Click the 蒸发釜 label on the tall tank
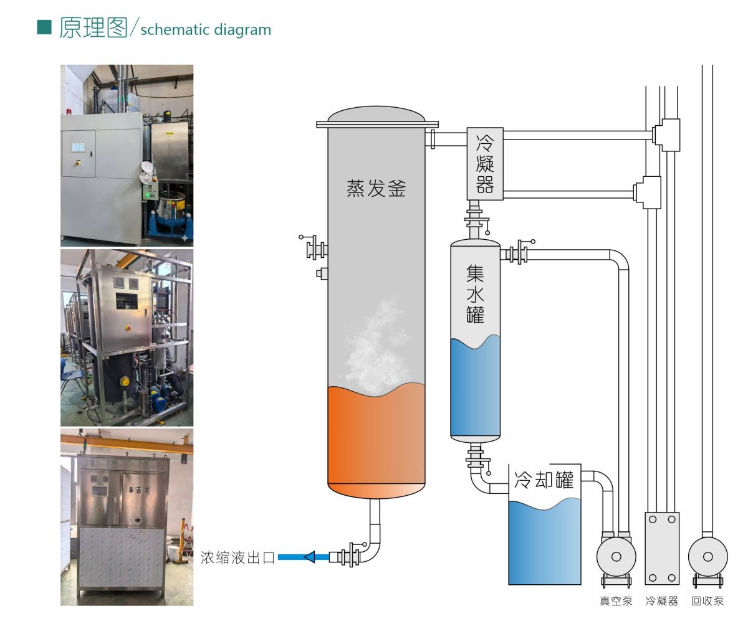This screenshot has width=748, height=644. pyautogui.click(x=376, y=188)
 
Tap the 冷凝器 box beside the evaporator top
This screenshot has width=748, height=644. pyautogui.click(x=485, y=163)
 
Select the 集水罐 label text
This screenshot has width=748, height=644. pyautogui.click(x=475, y=293)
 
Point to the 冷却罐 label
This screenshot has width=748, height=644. pyautogui.click(x=544, y=480)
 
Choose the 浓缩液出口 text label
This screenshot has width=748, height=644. pyautogui.click(x=237, y=557)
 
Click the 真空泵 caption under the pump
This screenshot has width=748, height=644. pyautogui.click(x=616, y=601)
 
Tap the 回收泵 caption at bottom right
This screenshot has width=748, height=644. pyautogui.click(x=707, y=601)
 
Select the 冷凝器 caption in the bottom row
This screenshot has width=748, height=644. pyautogui.click(x=662, y=601)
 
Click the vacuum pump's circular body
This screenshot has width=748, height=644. pyautogui.click(x=616, y=557)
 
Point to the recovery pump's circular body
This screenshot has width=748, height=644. pyautogui.click(x=708, y=557)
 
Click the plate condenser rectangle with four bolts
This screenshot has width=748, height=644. pyautogui.click(x=662, y=549)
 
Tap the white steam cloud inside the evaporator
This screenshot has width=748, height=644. pyautogui.click(x=376, y=347)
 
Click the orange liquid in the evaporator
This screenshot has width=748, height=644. pyautogui.click(x=376, y=441)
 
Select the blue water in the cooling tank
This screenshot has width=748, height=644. pyautogui.click(x=545, y=542)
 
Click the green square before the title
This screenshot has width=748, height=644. pyautogui.click(x=44, y=27)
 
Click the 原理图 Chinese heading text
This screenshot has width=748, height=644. pyautogui.click(x=93, y=27)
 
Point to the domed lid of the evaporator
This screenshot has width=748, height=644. pyautogui.click(x=376, y=113)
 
